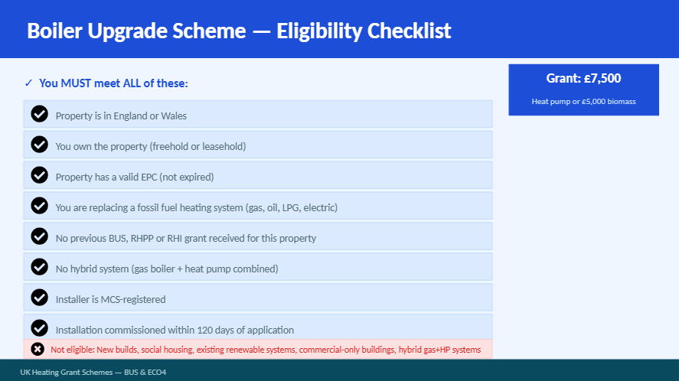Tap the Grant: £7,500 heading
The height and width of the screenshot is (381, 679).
pyautogui.click(x=583, y=78)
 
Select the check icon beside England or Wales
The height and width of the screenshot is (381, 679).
pyautogui.click(x=39, y=114)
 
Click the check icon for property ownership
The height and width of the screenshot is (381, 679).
pyautogui.click(x=39, y=145)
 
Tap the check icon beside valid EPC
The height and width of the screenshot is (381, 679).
pyautogui.click(x=39, y=175)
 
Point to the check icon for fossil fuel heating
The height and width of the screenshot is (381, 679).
pyautogui.click(x=39, y=206)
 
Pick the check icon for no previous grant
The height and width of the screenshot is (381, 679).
pyautogui.click(x=39, y=236)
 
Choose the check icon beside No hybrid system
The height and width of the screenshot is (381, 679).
pyautogui.click(x=39, y=267)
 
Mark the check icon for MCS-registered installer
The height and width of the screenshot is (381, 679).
pyautogui.click(x=39, y=298)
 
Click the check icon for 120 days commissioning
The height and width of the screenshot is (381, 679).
pyautogui.click(x=39, y=328)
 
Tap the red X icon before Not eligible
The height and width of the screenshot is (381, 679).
pyautogui.click(x=38, y=349)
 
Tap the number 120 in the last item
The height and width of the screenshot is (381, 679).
pyautogui.click(x=205, y=331)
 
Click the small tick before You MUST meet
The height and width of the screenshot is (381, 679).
pyautogui.click(x=28, y=83)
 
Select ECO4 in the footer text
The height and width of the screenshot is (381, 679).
pyautogui.click(x=156, y=373)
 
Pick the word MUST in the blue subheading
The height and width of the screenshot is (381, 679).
pyautogui.click(x=76, y=83)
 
